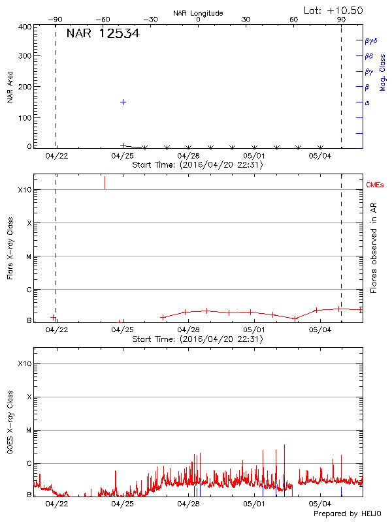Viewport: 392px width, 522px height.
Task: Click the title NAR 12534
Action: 103,34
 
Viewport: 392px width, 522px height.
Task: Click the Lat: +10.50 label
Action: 333,10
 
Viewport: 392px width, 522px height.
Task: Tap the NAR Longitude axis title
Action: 198,13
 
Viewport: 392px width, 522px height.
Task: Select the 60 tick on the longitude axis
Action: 294,20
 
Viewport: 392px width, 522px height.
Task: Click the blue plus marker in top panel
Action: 123,102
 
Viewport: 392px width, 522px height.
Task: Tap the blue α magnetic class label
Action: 367,102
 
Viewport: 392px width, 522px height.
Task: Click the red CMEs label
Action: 375,186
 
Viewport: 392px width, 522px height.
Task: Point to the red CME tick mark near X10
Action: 105,183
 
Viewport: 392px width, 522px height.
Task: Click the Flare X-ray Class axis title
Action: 10,248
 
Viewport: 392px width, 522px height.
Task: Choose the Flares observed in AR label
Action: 374,248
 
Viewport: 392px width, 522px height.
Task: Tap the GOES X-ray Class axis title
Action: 10,424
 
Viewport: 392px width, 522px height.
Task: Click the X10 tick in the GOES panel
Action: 24,363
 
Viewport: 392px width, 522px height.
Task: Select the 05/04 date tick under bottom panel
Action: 320,504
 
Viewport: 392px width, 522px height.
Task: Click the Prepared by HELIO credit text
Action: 346,514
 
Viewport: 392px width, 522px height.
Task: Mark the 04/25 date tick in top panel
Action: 122,156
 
